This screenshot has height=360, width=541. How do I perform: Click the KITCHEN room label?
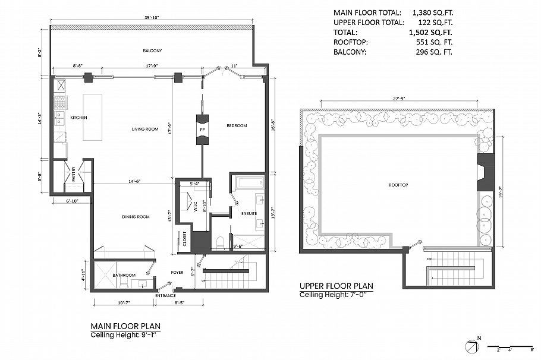coord(78,118)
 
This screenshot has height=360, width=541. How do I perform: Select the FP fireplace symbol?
coord(202,130)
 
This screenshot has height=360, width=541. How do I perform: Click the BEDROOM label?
coord(236,125)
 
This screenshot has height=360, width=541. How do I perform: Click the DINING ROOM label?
coord(135,217)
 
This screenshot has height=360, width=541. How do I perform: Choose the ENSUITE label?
coord(249,213)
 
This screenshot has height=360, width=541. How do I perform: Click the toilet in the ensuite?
coord(221,243)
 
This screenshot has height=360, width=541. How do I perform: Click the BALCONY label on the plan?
coord(152,50)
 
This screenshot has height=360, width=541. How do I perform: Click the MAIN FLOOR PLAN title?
coord(125,326)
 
